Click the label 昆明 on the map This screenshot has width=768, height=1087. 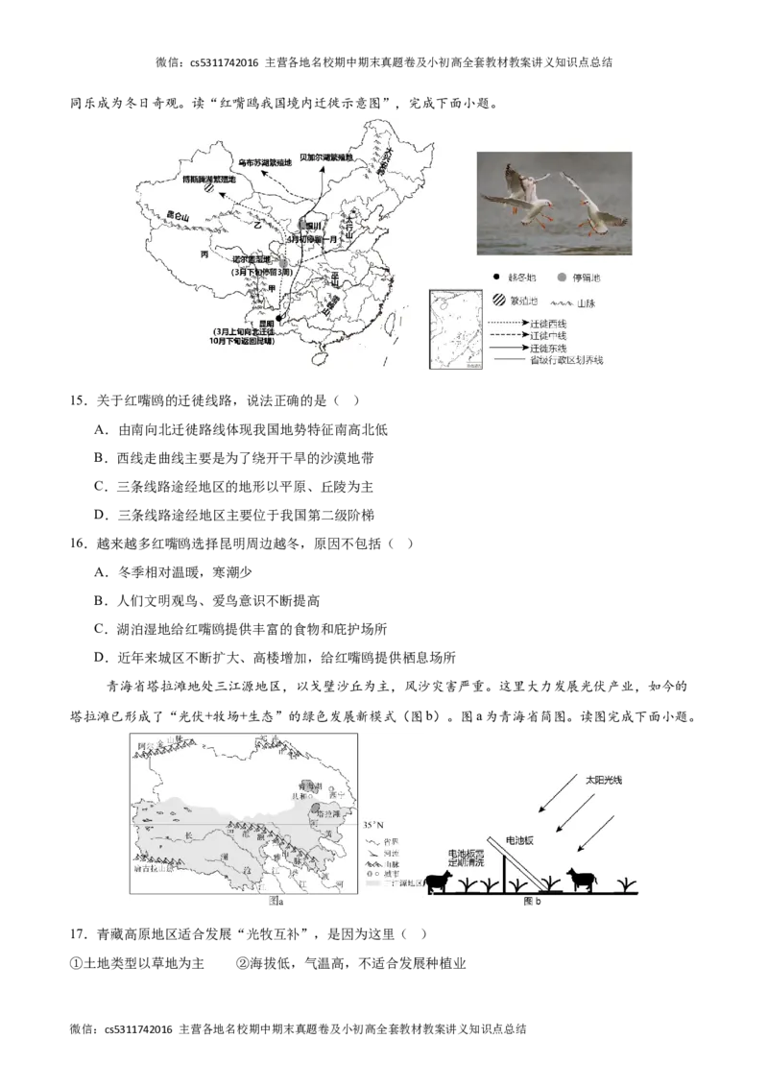pyautogui.click(x=253, y=324)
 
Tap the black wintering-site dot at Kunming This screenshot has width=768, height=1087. pyautogui.click(x=278, y=317)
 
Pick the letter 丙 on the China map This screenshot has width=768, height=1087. pyautogui.click(x=204, y=254)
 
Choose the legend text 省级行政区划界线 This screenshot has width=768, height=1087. pyautogui.click(x=566, y=361)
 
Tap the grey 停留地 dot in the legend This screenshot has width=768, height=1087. pyautogui.click(x=564, y=278)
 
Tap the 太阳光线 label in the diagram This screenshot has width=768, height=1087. pyautogui.click(x=604, y=781)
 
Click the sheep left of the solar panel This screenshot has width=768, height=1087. pyautogui.click(x=441, y=881)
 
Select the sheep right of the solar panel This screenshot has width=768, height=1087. pyautogui.click(x=580, y=879)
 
